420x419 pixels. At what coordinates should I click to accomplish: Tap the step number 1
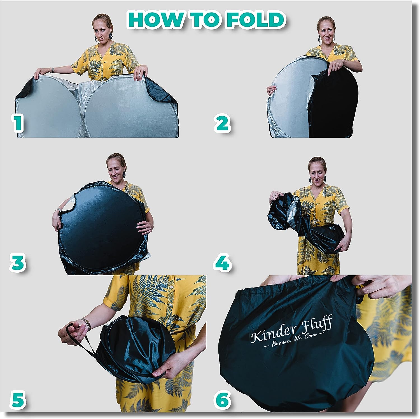[x=18, y=123]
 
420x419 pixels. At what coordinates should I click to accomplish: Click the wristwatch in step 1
[x=52, y=70]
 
